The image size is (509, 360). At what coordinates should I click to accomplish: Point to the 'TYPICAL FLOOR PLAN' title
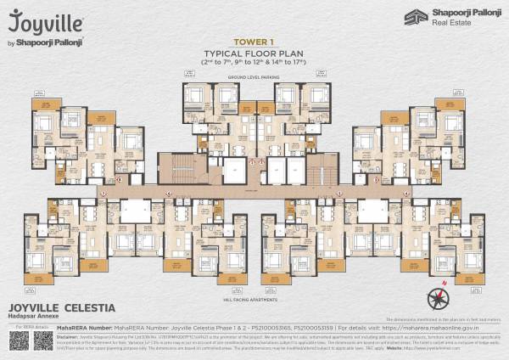click(x=254, y=53)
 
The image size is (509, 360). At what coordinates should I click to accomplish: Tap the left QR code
click(x=20, y=341)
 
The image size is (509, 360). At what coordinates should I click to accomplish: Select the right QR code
click(x=43, y=341)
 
